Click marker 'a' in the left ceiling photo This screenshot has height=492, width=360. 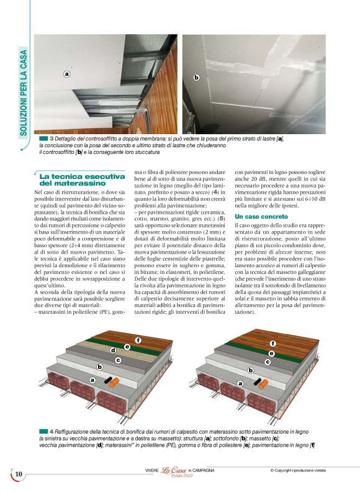pyautogui.click(x=66, y=74)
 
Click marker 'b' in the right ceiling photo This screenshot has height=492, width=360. pyautogui.click(x=196, y=78)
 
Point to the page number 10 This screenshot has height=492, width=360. pyautogui.click(x=19, y=475)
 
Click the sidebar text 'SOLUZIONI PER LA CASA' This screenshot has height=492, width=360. pyautogui.click(x=23, y=100)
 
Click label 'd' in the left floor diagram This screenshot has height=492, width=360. pyautogui.click(x=114, y=350)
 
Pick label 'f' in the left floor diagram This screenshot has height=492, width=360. pyautogui.click(x=138, y=340)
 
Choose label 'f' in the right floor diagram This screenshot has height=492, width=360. pyautogui.click(x=272, y=343)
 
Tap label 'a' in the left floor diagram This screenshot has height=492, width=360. pyautogui.click(x=92, y=380)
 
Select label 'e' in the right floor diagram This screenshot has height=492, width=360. pyautogui.click(x=271, y=352)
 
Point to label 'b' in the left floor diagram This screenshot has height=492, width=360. pyautogui.click(x=99, y=367)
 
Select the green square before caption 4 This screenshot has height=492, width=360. pyautogui.click(x=43, y=430)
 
